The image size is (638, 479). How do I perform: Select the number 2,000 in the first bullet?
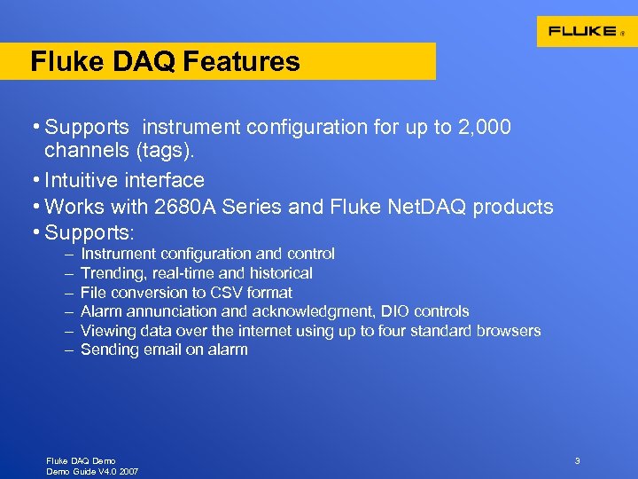click(485, 127)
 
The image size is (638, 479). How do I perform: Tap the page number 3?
click(577, 460)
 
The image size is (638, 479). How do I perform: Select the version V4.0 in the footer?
click(98, 471)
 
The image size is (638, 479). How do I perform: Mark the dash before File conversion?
click(68, 293)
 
